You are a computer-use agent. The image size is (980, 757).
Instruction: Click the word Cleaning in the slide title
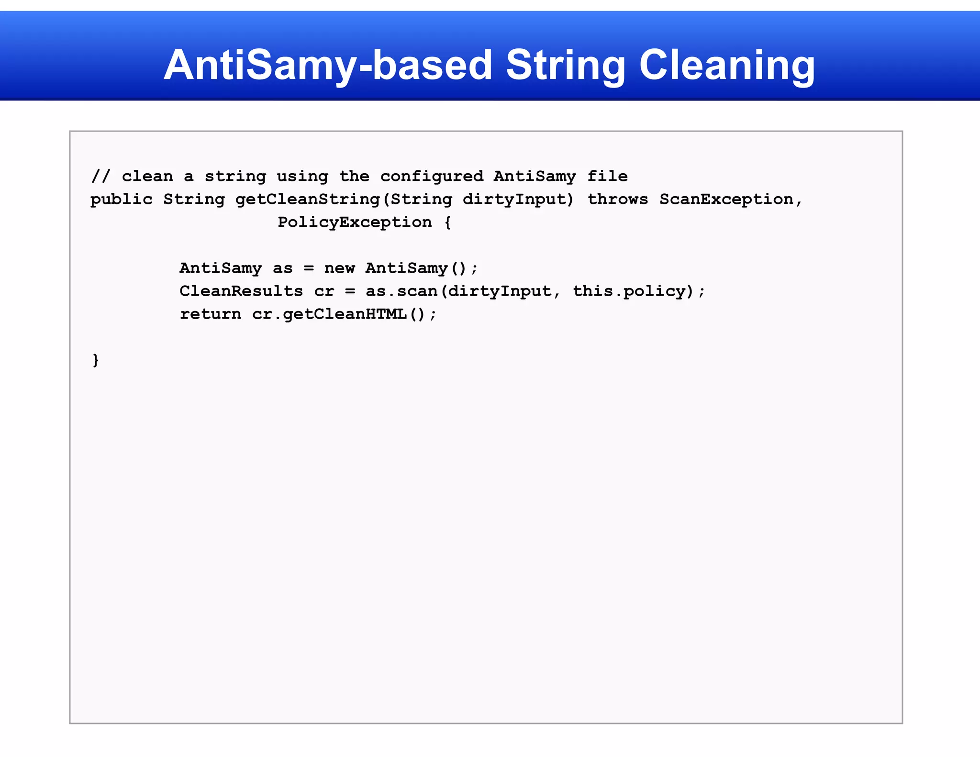click(x=727, y=65)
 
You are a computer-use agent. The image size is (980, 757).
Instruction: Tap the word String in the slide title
click(x=565, y=65)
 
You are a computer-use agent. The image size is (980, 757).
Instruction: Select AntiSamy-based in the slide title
click(x=328, y=65)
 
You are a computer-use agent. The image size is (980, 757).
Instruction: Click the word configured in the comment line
click(x=432, y=176)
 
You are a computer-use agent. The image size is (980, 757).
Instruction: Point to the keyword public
click(x=122, y=199)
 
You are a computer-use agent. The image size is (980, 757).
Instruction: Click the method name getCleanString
click(x=308, y=199)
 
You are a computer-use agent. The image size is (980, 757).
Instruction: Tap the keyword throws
click(x=617, y=199)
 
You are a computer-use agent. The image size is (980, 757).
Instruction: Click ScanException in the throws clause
click(x=726, y=199)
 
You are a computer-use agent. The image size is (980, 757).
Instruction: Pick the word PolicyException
click(x=355, y=222)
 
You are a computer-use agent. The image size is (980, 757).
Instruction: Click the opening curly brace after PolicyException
click(x=447, y=223)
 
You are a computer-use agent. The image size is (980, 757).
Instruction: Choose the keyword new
click(x=339, y=268)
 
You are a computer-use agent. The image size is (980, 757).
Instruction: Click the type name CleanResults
click(x=241, y=291)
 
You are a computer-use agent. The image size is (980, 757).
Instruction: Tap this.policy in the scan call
click(x=629, y=291)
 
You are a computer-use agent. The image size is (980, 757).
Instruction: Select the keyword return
click(x=211, y=314)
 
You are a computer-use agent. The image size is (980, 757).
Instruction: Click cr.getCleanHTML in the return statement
click(x=329, y=314)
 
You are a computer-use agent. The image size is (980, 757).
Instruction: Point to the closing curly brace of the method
click(x=96, y=360)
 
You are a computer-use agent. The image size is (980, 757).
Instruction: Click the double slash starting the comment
click(x=100, y=176)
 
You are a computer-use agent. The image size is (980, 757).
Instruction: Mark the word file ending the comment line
click(x=607, y=176)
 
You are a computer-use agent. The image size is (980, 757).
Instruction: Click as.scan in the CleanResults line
click(x=401, y=291)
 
